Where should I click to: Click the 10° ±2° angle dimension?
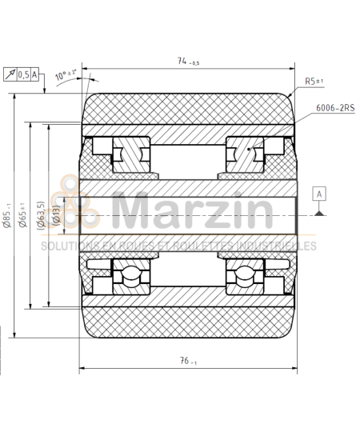click(66, 78)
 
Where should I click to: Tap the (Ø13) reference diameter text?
click(56, 215)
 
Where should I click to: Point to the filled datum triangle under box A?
click(319, 211)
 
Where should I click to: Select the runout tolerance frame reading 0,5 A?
click(22, 74)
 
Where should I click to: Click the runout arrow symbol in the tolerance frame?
click(10, 74)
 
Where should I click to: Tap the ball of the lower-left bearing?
click(128, 276)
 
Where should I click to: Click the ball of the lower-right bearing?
click(242, 276)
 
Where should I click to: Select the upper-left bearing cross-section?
click(128, 152)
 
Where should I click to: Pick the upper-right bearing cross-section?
click(242, 152)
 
